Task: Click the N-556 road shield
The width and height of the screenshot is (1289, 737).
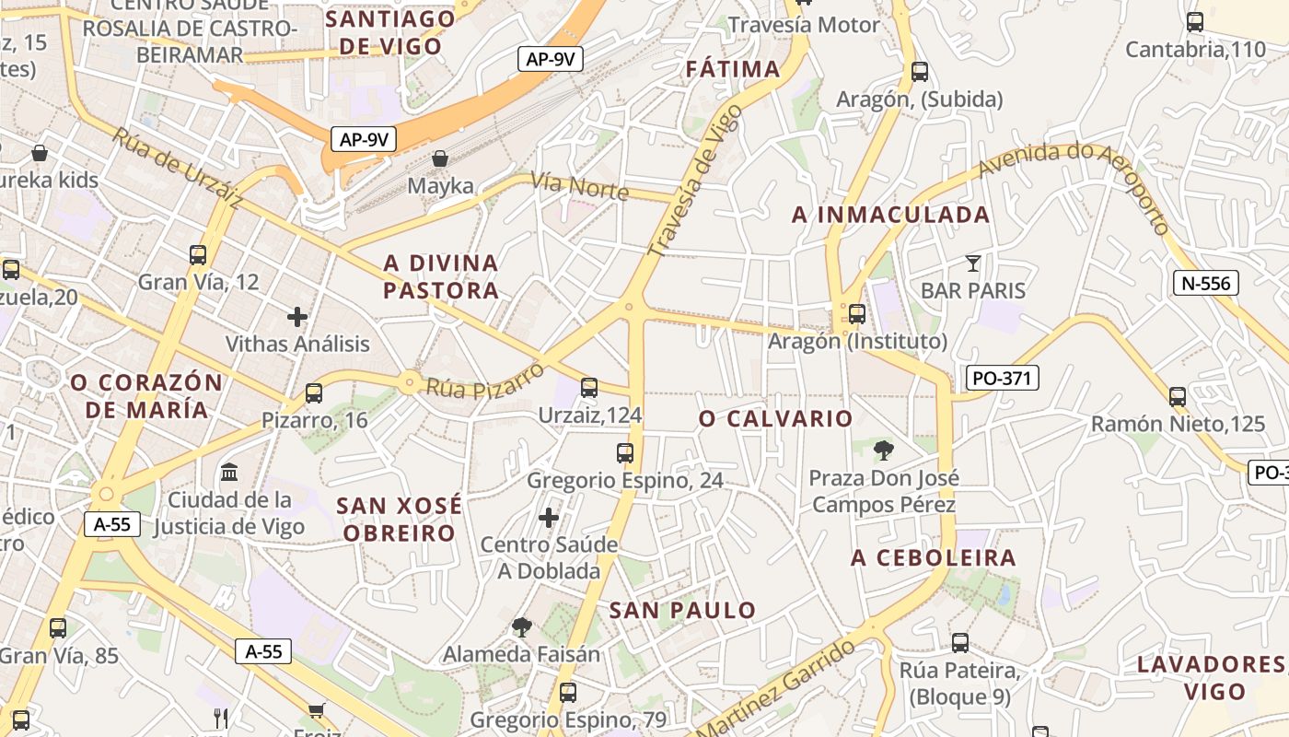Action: pyautogui.click(x=1206, y=283)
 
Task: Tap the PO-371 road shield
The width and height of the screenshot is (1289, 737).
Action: pyautogui.click(x=1003, y=377)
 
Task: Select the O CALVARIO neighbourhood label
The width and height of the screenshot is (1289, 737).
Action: pyautogui.click(x=776, y=419)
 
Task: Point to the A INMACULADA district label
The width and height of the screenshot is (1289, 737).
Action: pyautogui.click(x=891, y=215)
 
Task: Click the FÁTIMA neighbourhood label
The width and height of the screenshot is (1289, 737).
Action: pyautogui.click(x=733, y=69)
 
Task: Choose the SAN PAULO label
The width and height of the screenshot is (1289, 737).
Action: pyautogui.click(x=682, y=610)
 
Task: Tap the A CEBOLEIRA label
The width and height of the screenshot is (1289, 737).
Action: pyautogui.click(x=934, y=557)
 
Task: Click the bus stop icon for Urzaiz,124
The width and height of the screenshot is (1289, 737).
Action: pyautogui.click(x=589, y=388)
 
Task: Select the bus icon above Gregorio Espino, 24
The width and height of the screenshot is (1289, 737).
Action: pyautogui.click(x=625, y=452)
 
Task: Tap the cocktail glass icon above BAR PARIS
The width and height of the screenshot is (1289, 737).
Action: pyautogui.click(x=973, y=263)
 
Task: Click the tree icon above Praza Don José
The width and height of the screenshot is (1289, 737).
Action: pyautogui.click(x=884, y=450)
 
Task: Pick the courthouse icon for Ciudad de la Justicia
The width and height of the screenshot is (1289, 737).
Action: pyautogui.click(x=229, y=473)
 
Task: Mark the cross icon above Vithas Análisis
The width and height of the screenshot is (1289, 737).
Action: pyautogui.click(x=297, y=317)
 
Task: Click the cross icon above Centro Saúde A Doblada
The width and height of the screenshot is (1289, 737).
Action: pyautogui.click(x=549, y=517)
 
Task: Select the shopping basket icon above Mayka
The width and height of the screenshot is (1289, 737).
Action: pyautogui.click(x=440, y=158)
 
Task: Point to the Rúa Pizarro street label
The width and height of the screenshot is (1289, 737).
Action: pyautogui.click(x=485, y=380)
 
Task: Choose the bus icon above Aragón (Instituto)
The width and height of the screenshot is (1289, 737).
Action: pyautogui.click(x=857, y=313)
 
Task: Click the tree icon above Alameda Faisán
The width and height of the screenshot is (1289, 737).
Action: pyautogui.click(x=522, y=627)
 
